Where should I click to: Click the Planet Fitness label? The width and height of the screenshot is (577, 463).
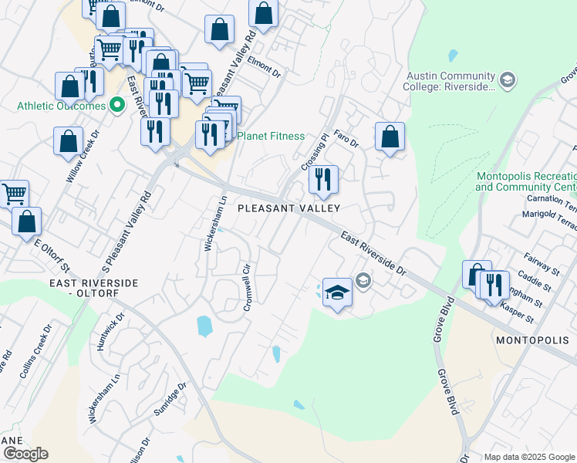pos(270,136)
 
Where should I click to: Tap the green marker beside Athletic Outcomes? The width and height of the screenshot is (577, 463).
pos(117,105)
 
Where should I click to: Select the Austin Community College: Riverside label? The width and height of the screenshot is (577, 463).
pos(449,81)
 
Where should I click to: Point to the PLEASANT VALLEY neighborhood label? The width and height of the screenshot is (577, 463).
pos(288,208)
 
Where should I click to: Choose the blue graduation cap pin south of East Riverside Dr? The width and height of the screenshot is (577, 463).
pos(336,292)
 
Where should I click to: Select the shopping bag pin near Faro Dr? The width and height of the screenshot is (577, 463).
pos(390,137)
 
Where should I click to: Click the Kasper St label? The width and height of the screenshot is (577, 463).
pos(516,312)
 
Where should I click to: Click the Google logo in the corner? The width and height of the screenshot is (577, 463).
pos(25,454)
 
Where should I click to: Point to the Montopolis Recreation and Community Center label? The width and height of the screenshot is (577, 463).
pos(526,181)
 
